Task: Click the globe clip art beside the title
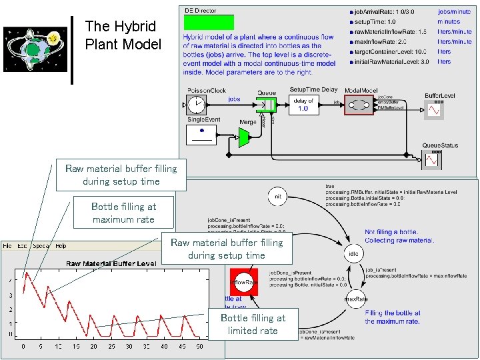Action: coord(33,50)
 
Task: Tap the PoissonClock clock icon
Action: coord(197,105)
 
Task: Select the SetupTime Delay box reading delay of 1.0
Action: coord(303,105)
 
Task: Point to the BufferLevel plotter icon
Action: coord(435,109)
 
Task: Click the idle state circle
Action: coord(353,254)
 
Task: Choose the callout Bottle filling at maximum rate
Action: coord(123,213)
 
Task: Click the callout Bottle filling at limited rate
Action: coord(252,324)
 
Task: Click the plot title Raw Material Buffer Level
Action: coord(111,263)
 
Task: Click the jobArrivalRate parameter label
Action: coord(379,12)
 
